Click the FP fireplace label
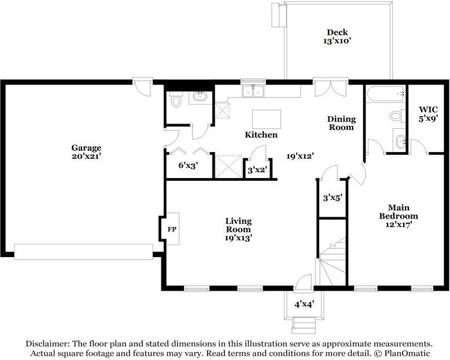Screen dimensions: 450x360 (x=172, y=229)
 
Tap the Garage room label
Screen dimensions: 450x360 (x=86, y=148)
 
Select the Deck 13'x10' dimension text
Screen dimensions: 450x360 (x=338, y=40)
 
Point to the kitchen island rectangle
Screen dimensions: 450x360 (x=266, y=119)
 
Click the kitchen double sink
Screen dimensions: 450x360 (x=253, y=91)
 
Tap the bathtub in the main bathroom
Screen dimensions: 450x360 (x=385, y=93)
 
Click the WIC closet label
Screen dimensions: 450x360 (x=428, y=109)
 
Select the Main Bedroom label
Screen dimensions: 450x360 (x=399, y=211)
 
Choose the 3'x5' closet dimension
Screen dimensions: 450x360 (x=333, y=198)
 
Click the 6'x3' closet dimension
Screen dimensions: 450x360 (x=189, y=165)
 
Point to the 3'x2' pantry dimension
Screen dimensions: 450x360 (x=257, y=170)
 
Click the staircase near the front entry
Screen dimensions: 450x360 (x=333, y=261)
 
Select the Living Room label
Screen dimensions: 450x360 (x=238, y=225)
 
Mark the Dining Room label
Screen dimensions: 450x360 (x=341, y=123)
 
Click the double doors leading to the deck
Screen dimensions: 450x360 (x=331, y=88)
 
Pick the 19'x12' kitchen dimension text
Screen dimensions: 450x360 (x=300, y=156)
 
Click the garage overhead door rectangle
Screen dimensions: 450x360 (x=83, y=252)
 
